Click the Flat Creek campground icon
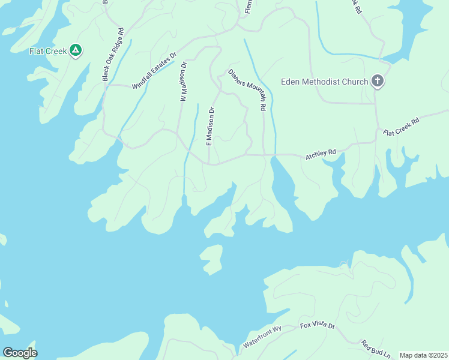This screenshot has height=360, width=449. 76,51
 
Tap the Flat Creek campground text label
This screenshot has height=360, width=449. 49,51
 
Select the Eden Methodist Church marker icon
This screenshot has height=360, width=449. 377,81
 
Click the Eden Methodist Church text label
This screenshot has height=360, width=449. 324,82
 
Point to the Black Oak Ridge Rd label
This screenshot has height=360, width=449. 112,54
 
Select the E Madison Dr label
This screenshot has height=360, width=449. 210,127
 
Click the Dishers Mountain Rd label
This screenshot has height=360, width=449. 247,89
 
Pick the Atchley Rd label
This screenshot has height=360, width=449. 321,154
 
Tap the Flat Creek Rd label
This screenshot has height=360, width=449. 400,128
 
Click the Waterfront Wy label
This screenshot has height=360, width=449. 262,337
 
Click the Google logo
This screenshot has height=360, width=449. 20,352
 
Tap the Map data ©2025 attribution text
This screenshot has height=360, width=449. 423,355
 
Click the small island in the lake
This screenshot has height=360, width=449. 211,259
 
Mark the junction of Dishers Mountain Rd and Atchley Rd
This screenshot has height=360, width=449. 264,155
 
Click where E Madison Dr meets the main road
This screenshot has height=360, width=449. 209,162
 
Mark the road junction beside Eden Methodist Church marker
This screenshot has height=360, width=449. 376,103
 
